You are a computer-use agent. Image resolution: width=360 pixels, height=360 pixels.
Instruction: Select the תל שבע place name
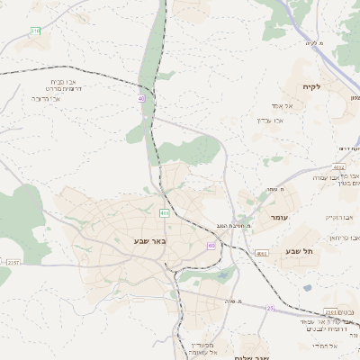298,251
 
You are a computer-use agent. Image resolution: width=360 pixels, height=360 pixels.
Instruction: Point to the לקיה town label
324,85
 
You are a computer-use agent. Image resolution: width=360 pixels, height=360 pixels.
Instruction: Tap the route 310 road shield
35,31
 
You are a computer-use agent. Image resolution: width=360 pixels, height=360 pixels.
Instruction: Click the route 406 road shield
164,213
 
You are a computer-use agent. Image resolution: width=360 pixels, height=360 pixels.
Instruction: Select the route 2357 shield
12,262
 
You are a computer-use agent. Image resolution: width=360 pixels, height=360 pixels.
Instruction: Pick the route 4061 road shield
261,255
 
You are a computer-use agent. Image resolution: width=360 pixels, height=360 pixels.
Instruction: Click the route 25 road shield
269,309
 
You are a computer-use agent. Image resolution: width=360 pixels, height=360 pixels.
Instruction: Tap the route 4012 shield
338,167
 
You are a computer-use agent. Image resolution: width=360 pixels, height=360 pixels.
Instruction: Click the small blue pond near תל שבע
308,288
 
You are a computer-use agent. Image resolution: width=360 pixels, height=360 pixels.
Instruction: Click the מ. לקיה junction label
312,42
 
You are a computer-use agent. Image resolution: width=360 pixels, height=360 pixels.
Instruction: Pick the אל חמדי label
323,346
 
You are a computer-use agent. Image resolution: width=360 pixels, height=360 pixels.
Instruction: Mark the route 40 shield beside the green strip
141,98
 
